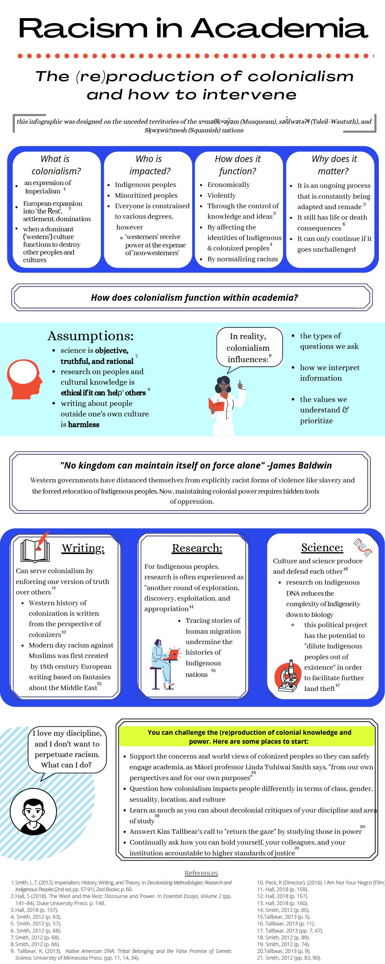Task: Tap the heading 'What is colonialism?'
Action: (56, 165)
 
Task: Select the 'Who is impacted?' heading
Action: (149, 165)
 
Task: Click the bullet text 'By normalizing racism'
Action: (242, 259)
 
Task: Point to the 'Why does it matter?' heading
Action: (334, 165)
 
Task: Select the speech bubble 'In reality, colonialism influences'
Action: (249, 348)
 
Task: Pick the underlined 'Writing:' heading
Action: (83, 548)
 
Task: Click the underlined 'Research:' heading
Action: (197, 548)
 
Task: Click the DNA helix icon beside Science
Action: (363, 548)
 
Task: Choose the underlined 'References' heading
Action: (201, 873)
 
